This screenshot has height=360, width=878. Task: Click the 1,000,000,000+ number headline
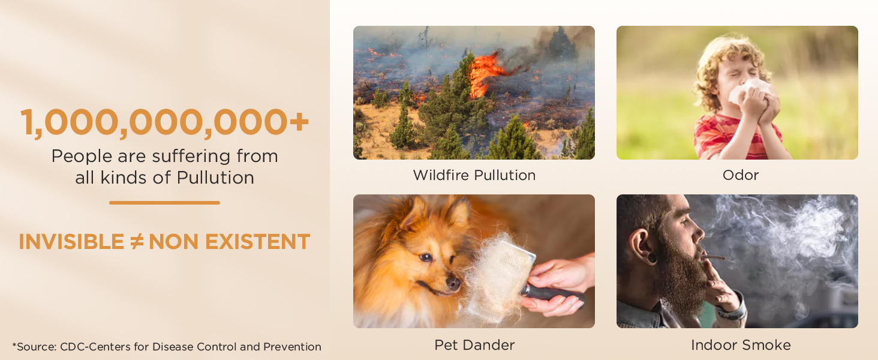pos(164,122)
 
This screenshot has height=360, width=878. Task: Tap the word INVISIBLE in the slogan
pos(71,242)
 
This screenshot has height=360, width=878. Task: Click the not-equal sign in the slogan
pos(136,242)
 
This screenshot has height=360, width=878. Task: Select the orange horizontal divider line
pos(164,203)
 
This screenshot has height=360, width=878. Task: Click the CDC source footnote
pos(167,347)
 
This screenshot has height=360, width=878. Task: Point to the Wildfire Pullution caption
pos(474,175)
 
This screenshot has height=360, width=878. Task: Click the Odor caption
pos(741,175)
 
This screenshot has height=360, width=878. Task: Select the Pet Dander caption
pos(474,345)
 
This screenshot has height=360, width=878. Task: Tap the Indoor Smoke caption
pos(741,345)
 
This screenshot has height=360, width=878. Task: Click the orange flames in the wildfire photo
pos(483,73)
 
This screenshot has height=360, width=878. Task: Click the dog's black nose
pos(453,283)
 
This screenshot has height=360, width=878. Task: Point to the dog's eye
pos(425,257)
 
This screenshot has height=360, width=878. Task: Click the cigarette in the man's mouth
pos(714,257)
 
